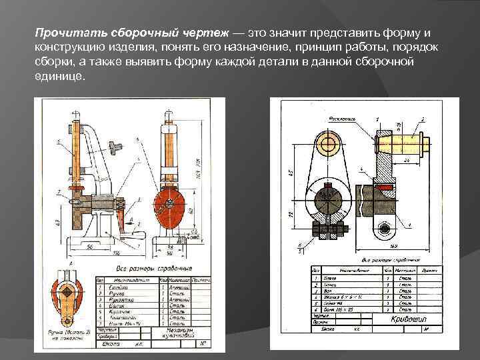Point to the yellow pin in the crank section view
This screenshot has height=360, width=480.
[400, 141]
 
